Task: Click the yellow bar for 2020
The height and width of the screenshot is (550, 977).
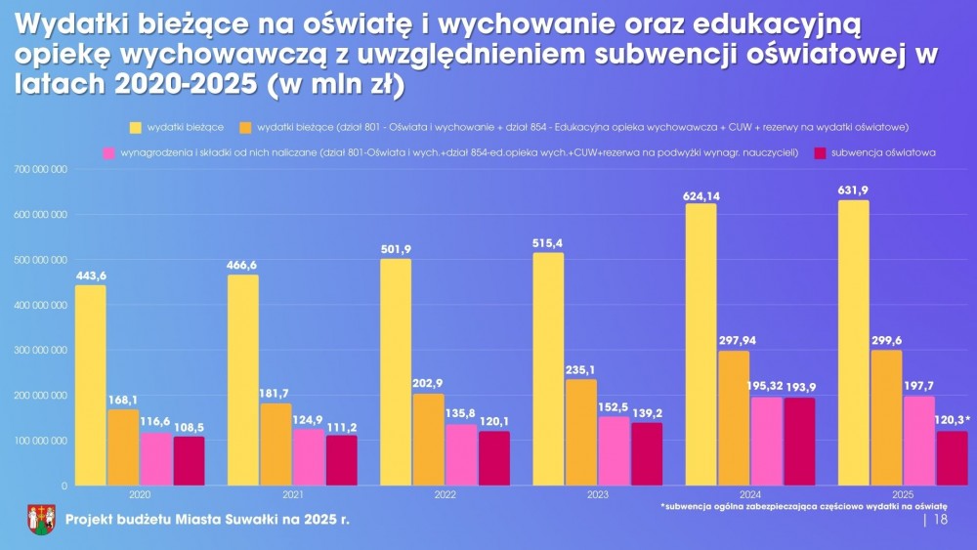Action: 90,385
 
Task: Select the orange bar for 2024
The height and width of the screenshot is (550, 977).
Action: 734,418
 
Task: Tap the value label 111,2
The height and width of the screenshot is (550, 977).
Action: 341,427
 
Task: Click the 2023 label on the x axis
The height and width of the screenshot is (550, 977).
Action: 596,495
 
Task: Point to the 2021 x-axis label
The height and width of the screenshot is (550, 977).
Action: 292,495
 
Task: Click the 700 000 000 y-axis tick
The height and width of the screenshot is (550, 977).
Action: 40,169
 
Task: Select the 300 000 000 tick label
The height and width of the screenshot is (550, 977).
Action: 40,350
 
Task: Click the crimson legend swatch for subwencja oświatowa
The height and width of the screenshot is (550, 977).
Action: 820,153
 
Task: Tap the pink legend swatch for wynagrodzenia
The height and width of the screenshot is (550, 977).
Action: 108,153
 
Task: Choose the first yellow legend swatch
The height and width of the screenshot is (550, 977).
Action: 136,127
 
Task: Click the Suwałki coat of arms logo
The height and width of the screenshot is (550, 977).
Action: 40,520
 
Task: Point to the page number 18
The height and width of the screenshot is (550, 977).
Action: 941,521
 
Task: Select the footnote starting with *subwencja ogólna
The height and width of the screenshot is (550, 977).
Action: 803,507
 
